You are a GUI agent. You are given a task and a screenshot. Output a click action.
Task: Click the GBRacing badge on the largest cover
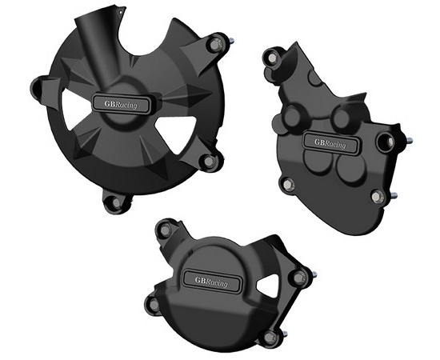(121, 104)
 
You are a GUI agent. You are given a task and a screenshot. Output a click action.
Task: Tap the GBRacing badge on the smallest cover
(212, 281)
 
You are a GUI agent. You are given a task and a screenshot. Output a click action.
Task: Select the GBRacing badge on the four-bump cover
(330, 143)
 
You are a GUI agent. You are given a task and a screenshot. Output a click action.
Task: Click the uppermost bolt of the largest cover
(215, 45)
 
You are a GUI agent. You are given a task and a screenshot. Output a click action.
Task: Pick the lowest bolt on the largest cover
(117, 202)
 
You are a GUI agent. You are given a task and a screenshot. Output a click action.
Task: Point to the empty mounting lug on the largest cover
(37, 87)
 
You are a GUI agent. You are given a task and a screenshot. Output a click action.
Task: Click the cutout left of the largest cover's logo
(74, 109)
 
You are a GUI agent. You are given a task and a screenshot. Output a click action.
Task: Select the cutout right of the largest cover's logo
(176, 133)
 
